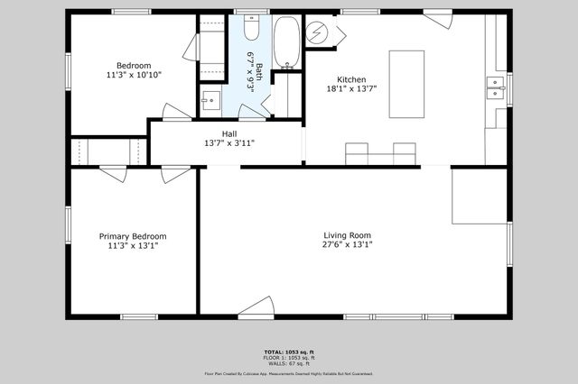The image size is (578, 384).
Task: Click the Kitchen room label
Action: (x=351, y=78)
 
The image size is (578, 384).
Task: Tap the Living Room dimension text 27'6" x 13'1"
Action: (x=348, y=244)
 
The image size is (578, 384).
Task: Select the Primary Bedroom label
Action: (x=133, y=236)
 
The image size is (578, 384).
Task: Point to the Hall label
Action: (x=229, y=133)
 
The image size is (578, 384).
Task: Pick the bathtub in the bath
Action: (x=287, y=41)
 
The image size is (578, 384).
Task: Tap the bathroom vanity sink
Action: (x=210, y=99)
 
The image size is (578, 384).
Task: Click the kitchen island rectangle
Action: (x=406, y=84)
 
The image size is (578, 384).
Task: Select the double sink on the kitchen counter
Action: (x=495, y=87)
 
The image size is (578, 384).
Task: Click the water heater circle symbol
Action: (x=317, y=33)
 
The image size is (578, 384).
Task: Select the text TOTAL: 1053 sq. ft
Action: (x=289, y=351)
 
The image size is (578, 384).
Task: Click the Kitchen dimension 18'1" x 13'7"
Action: (x=351, y=88)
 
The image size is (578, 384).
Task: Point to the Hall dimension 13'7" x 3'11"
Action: (x=229, y=142)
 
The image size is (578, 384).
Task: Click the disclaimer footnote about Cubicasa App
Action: (x=289, y=373)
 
